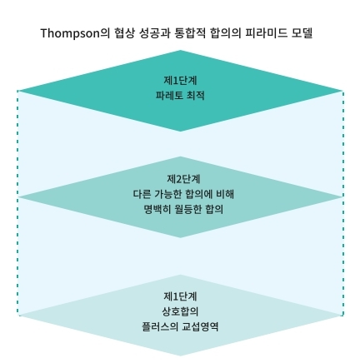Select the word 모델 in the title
(x=302, y=33)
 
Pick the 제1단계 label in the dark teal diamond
(x=180, y=80)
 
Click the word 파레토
(x=169, y=96)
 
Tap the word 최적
(x=196, y=96)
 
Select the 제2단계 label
(x=183, y=179)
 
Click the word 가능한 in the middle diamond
(x=167, y=194)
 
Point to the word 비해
(x=225, y=194)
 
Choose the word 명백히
(x=157, y=209)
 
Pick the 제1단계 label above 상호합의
(x=180, y=296)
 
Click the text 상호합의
(x=180, y=311)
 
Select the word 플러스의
(x=159, y=326)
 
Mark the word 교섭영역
(x=200, y=326)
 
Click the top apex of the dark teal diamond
(x=180, y=50)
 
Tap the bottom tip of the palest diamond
(x=180, y=356)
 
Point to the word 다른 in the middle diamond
(x=141, y=194)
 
